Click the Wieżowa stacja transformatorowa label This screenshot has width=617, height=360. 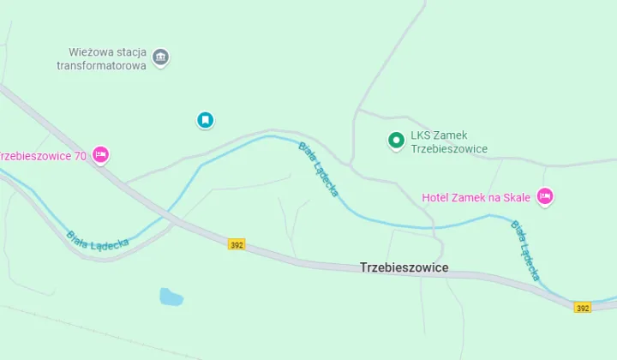point(103,58)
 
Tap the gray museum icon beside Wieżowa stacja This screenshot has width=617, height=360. point(160,57)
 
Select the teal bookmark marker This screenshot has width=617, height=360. point(206,120)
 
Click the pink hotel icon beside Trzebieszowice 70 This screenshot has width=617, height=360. point(100,155)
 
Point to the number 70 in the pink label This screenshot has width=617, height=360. point(79,156)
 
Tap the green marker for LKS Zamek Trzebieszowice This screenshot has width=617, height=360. point(396,141)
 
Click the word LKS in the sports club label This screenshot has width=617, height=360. point(421,135)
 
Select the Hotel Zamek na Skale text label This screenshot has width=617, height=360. point(476,198)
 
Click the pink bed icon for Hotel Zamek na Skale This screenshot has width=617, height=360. point(544,197)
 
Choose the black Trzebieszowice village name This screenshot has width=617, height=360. point(404,267)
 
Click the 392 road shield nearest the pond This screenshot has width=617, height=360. point(237,244)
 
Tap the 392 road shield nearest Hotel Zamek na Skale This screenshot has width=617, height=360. point(583,308)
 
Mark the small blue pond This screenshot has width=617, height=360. point(171,297)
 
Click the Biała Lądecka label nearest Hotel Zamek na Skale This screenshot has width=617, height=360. point(525,250)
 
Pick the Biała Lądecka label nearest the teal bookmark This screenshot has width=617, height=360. point(318,169)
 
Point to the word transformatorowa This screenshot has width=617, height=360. point(101,65)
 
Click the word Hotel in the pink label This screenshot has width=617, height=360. point(436,198)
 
